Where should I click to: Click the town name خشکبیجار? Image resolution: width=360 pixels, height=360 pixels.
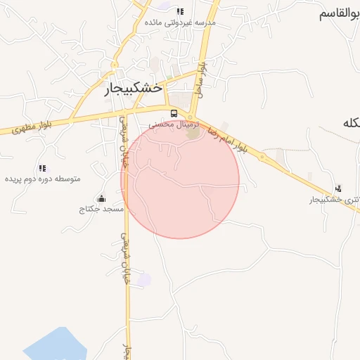134,89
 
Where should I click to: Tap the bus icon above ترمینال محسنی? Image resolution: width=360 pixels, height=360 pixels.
174,113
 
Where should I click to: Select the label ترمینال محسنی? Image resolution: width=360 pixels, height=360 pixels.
174,124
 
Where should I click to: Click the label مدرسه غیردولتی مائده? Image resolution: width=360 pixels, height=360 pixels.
180,22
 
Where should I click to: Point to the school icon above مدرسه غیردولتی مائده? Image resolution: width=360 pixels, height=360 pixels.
180,11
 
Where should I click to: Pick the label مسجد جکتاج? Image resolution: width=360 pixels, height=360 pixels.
101,210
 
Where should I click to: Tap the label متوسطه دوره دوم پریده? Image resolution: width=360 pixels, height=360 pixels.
43,179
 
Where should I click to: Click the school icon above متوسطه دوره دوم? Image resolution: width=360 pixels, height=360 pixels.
42,168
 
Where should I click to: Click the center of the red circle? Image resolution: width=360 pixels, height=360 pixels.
180,179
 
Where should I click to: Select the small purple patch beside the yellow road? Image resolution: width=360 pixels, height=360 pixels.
143,280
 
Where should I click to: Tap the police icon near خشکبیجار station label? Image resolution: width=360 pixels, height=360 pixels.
339,188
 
